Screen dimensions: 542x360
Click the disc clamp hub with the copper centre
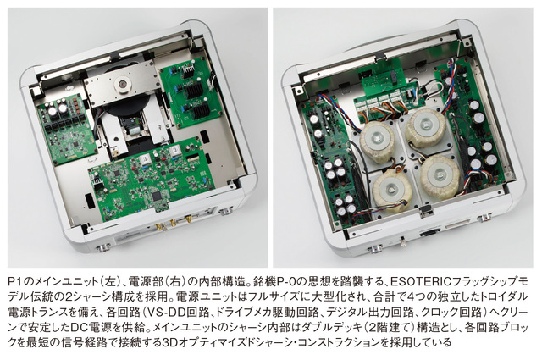click(x=121, y=84)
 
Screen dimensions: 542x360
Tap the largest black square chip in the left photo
click(x=158, y=195)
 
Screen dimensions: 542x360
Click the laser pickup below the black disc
click(x=131, y=125)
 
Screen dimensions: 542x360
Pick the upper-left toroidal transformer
click(x=378, y=140)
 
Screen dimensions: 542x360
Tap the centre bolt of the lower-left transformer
click(x=391, y=190)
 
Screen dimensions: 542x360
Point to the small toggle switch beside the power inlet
click(x=403, y=241)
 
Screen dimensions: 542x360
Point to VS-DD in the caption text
click(x=167, y=313)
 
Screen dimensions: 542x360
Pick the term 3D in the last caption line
click(x=169, y=343)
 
